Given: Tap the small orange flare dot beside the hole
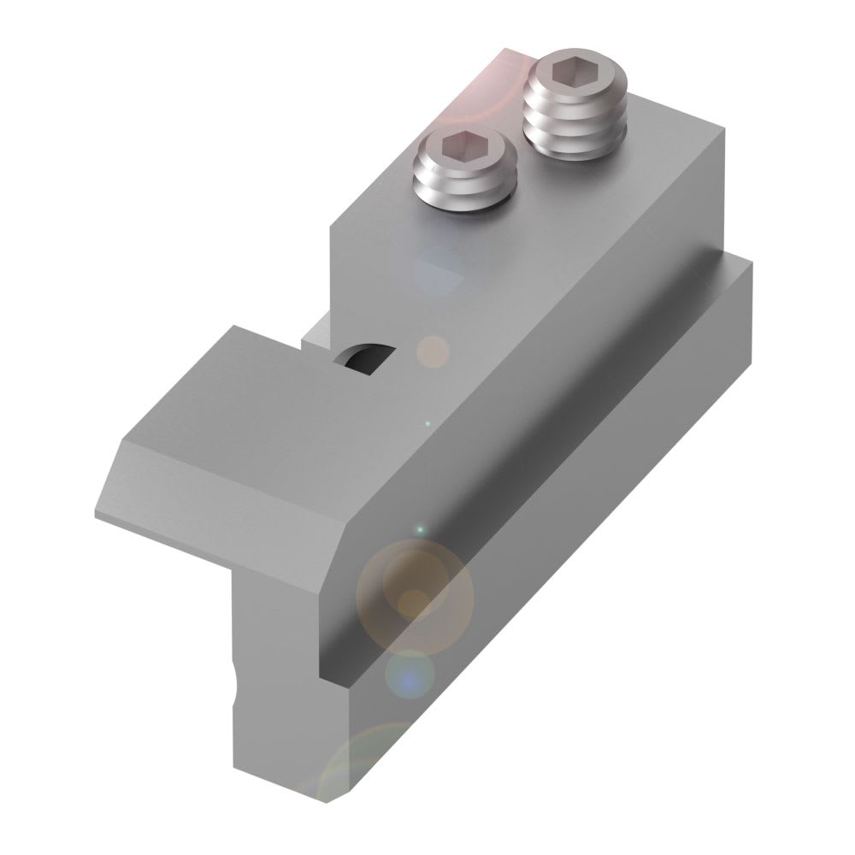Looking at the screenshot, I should coord(433,351).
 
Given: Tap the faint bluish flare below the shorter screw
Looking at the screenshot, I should coord(440,265).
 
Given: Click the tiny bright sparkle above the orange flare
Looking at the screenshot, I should coord(419,530).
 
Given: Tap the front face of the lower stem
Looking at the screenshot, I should coord(282,684).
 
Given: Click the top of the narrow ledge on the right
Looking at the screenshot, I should coord(598,359).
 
